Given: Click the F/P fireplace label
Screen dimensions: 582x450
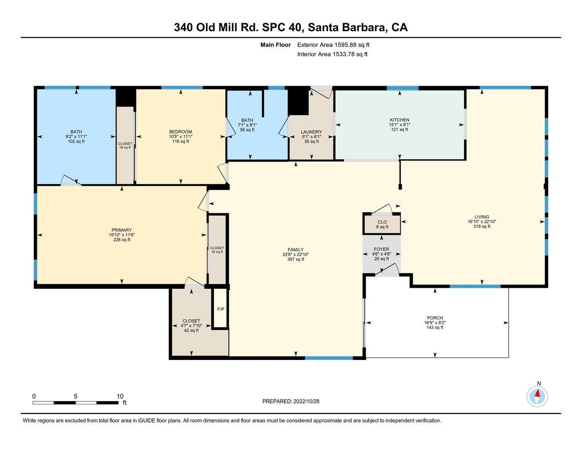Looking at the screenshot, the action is click(221, 309).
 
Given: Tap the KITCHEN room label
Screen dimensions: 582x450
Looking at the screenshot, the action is click(399, 120).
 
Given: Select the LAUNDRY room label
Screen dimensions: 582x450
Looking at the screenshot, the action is click(311, 132).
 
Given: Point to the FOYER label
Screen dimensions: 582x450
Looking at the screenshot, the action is click(381, 249).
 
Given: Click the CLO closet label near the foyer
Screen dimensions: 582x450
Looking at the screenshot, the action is click(382, 222).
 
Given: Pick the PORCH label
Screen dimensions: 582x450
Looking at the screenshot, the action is click(435, 318).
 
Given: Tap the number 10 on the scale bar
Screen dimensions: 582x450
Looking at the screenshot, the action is click(120, 396).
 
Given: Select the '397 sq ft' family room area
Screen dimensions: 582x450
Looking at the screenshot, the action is click(296, 259).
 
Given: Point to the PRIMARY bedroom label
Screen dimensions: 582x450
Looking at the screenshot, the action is click(122, 230).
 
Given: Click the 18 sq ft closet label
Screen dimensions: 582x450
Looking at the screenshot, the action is click(125, 147).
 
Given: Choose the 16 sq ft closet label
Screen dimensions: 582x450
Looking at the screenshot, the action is click(217, 252).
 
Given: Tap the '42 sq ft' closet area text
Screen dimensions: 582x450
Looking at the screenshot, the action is click(191, 330).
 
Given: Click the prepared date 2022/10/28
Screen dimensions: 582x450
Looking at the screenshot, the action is click(307, 401).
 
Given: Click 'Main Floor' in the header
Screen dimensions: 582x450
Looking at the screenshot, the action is click(275, 45).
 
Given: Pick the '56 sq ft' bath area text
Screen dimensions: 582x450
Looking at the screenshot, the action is click(247, 130).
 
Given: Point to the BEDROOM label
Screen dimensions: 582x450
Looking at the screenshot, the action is click(181, 132).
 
